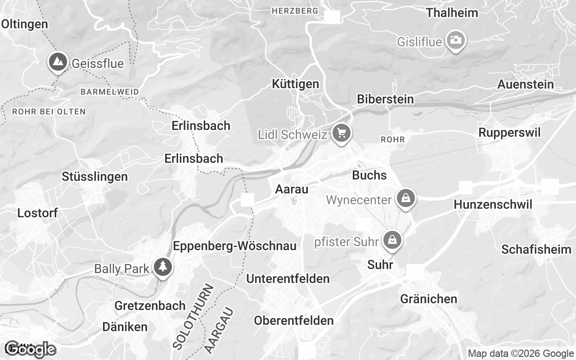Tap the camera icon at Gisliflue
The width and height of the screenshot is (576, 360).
coord(455,40)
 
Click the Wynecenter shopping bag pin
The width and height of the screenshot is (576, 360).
coord(405,198)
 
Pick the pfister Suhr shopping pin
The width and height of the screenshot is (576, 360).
coord(392,240)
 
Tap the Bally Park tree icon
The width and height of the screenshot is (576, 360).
coord(162,267)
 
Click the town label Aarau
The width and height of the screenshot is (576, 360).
coord(292,189)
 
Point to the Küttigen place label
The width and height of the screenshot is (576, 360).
coord(296,84)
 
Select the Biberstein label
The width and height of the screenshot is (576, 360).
coord(385,99)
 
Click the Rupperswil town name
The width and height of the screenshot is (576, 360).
coord(509,133)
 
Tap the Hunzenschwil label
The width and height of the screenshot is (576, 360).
coord(493,205)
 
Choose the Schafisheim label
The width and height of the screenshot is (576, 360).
coord(536,249)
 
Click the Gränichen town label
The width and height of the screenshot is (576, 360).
coord(428,299)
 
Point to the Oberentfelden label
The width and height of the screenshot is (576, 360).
coord(294,320)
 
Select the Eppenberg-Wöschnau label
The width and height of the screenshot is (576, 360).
coord(234,246)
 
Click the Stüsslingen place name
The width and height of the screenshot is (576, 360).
coord(94,177)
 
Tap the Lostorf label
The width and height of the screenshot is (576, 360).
coord(37,213)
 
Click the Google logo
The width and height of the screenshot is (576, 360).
coord(31,349)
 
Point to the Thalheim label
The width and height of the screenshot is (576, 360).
coord(452,13)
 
